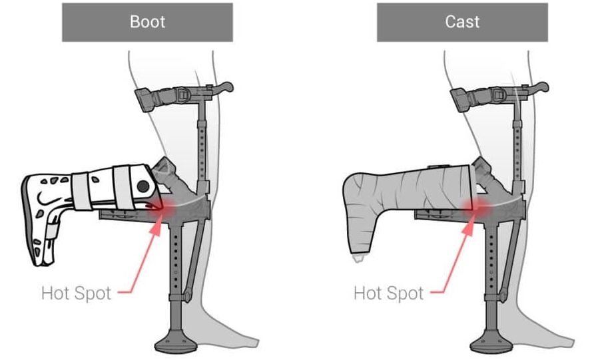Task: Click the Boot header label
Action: pyautogui.click(x=147, y=21)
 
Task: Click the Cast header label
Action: pyautogui.click(x=462, y=21)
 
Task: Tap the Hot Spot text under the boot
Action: pyautogui.click(x=76, y=293)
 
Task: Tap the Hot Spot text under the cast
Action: pyautogui.click(x=388, y=293)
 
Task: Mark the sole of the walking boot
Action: pyautogui.click(x=28, y=220)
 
